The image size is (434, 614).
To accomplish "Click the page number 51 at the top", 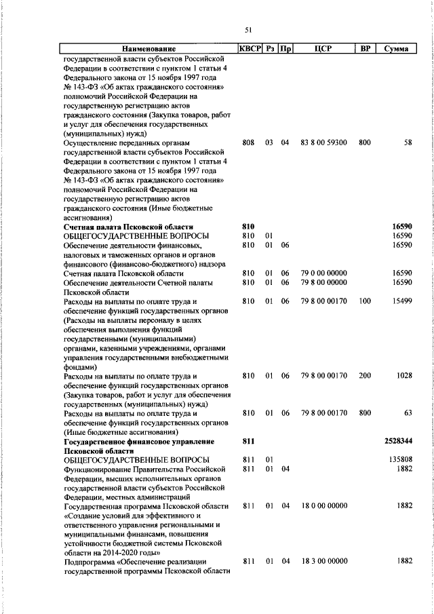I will point(248,29).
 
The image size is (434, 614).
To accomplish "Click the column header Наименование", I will point(149,49).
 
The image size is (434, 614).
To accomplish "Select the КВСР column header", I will point(250,49).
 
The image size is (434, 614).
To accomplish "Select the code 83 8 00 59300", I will point(323,143).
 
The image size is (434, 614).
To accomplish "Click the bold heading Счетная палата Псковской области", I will point(128,227).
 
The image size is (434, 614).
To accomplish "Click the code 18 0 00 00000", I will point(323,506).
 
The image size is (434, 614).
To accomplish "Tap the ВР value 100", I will point(365,301).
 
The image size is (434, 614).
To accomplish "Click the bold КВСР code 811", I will point(248,441).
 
